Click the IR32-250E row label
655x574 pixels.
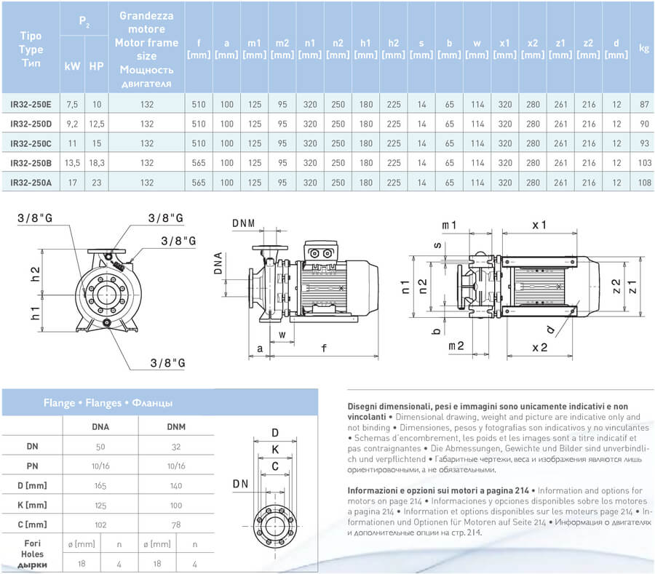[x=31, y=105]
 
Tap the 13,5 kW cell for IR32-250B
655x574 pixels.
[x=73, y=162]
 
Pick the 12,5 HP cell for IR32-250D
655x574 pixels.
[x=97, y=124]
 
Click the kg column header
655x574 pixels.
[x=643, y=49]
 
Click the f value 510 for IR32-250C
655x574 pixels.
[x=198, y=143]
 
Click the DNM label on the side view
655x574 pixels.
[x=244, y=223]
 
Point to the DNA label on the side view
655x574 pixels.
[x=218, y=263]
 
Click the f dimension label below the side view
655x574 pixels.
[x=324, y=348]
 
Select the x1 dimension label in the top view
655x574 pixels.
[x=539, y=226]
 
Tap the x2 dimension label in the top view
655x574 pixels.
[x=539, y=348]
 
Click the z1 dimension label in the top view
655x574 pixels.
[x=633, y=284]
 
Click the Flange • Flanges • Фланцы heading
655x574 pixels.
[x=107, y=402]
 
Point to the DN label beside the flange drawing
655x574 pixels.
[x=241, y=483]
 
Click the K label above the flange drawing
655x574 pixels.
[x=275, y=450]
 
